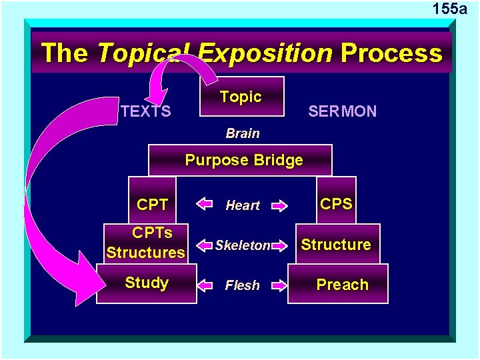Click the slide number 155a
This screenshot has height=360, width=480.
point(449,9)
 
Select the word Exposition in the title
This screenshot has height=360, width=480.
point(265,53)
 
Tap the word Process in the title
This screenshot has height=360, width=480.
point(391,53)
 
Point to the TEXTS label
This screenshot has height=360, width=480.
point(146,111)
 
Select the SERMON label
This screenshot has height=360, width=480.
point(342,111)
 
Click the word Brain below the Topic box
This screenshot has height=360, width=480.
point(243,133)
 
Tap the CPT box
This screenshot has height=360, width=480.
point(152,205)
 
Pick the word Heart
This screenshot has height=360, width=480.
point(243,205)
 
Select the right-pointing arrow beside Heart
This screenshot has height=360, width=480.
point(280,205)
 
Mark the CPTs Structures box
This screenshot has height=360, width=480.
point(145,243)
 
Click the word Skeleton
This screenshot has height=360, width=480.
point(243,245)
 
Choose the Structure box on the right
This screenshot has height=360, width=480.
point(336,244)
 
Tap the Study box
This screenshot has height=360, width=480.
point(147,283)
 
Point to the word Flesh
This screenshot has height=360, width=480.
point(243,285)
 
